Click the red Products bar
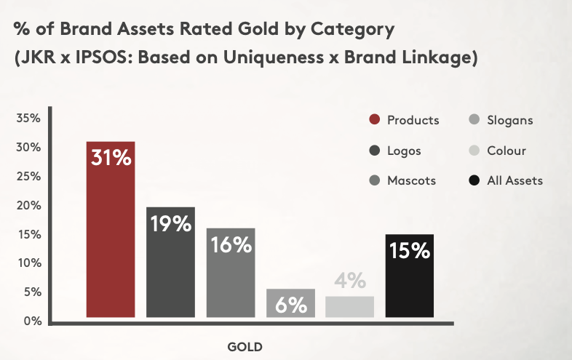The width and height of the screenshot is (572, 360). (x=111, y=229)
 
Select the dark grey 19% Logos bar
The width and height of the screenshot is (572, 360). (x=170, y=263)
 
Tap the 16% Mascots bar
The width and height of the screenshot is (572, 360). (x=231, y=273)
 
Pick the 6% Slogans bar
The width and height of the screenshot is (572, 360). (x=290, y=303)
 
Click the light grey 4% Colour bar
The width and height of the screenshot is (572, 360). (x=349, y=307)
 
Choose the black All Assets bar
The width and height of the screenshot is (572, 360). (x=409, y=276)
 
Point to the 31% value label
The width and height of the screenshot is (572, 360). (x=111, y=158)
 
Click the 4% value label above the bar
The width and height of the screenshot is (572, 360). (x=350, y=280)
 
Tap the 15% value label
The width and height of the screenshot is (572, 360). (x=410, y=251)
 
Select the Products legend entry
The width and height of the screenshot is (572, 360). (x=404, y=120)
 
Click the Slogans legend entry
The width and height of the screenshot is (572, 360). (x=501, y=120)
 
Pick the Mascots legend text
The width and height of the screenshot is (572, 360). (x=411, y=180)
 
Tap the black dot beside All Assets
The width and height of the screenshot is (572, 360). (x=474, y=180)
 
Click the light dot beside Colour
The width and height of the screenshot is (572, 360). (x=474, y=151)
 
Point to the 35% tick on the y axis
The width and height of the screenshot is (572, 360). (x=28, y=118)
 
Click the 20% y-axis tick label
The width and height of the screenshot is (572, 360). (x=28, y=205)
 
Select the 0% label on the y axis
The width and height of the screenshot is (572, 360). (x=33, y=321)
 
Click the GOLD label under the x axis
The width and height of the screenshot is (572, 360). (x=245, y=347)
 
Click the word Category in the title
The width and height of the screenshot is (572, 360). (x=352, y=30)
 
